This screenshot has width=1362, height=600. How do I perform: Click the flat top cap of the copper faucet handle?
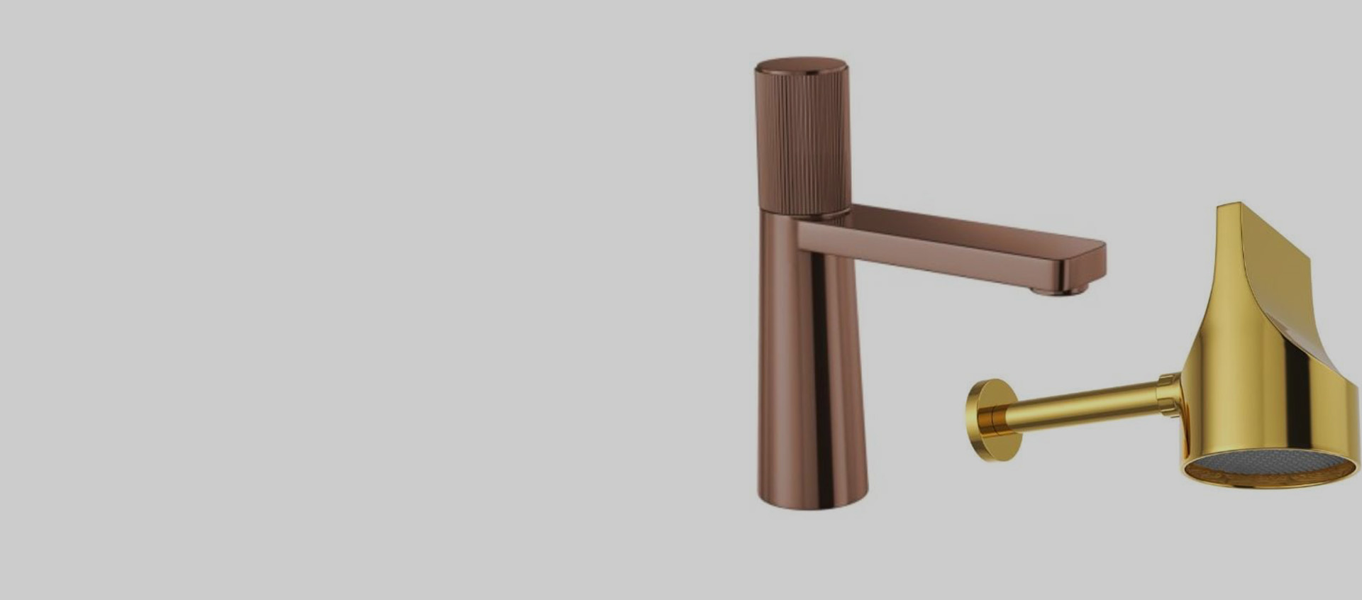tap(802, 66)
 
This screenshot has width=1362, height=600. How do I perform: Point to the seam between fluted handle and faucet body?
tap(804, 212)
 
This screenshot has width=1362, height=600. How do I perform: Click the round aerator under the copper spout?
tap(1059, 289)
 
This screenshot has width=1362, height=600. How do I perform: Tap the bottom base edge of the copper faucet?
tap(813, 505)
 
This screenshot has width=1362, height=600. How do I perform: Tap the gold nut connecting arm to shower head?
tap(1168, 394)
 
